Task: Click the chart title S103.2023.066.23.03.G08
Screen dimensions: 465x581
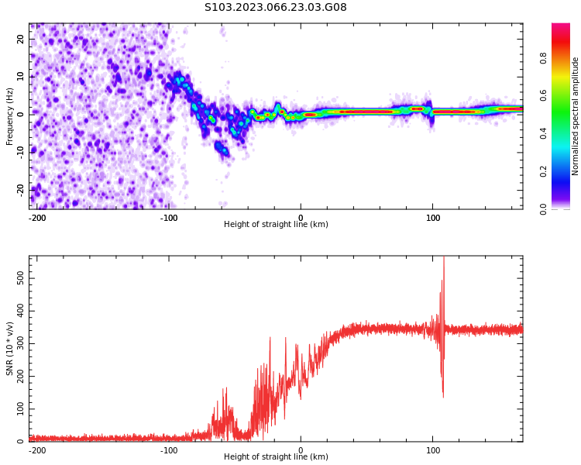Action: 276,8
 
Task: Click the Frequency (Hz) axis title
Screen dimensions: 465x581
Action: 10,115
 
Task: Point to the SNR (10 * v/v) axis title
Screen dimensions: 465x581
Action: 10,348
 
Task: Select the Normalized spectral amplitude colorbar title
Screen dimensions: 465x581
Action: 576,115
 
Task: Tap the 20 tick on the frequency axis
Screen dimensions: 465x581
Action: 21,39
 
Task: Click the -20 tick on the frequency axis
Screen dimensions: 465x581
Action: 19,189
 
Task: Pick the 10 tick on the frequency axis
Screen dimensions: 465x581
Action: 21,77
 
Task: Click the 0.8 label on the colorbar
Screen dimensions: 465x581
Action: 544,58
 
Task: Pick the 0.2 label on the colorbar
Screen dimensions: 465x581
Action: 544,171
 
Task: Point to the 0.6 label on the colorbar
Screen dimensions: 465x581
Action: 544,96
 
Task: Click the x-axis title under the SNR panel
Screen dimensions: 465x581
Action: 276,457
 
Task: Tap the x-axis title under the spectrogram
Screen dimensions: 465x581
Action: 276,225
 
